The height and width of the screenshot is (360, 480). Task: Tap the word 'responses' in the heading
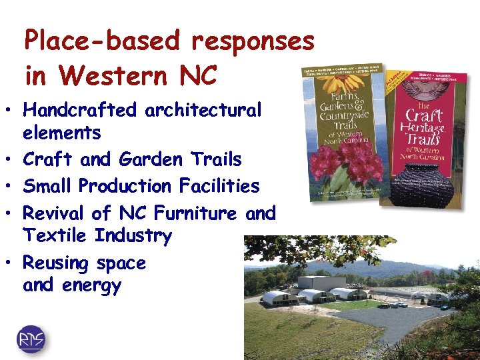(x=252, y=41)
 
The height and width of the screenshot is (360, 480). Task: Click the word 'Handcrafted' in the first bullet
(x=80, y=109)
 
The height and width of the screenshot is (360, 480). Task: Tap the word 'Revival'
(x=54, y=213)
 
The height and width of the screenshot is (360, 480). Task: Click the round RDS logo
(x=32, y=339)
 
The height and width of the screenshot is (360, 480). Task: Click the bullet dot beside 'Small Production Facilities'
(x=8, y=187)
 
